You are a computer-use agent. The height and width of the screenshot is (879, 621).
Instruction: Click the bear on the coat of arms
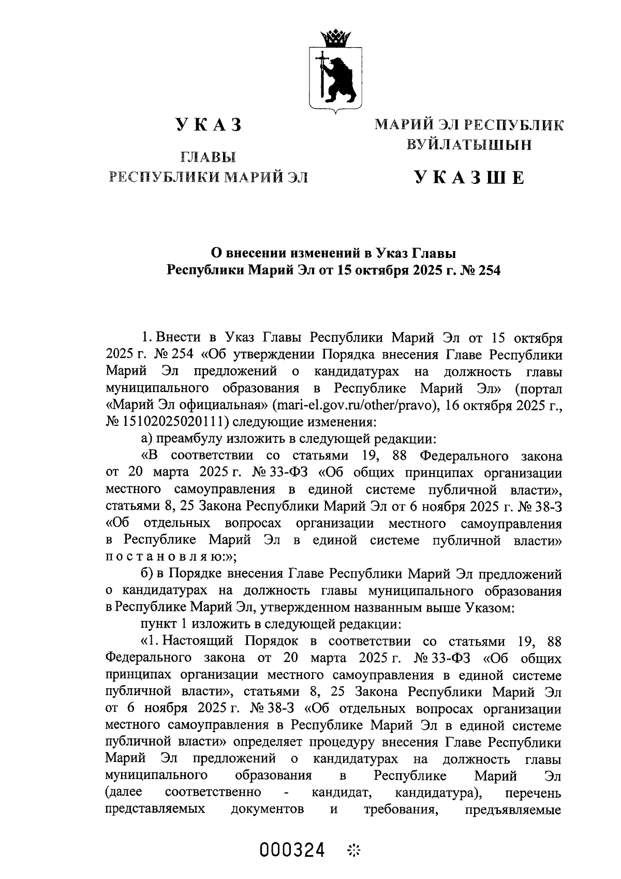pyautogui.click(x=342, y=78)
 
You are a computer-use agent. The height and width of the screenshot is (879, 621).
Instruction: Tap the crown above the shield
pyautogui.click(x=335, y=38)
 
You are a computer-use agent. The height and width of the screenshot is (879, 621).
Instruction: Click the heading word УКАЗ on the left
pyautogui.click(x=209, y=126)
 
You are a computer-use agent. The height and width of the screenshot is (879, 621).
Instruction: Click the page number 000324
pyautogui.click(x=293, y=850)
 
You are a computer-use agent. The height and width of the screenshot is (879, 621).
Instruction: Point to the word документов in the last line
pyautogui.click(x=267, y=809)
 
